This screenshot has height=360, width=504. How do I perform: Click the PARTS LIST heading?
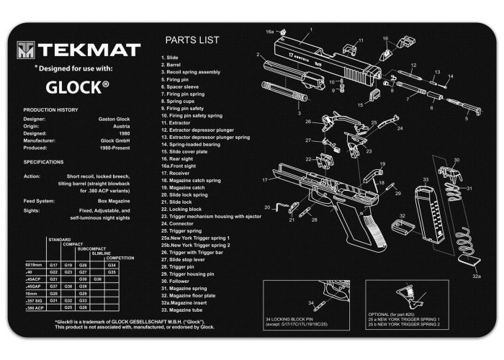click(192, 40)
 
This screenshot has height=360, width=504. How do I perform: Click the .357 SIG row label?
click(33, 300)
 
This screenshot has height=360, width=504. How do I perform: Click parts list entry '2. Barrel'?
click(173, 65)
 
